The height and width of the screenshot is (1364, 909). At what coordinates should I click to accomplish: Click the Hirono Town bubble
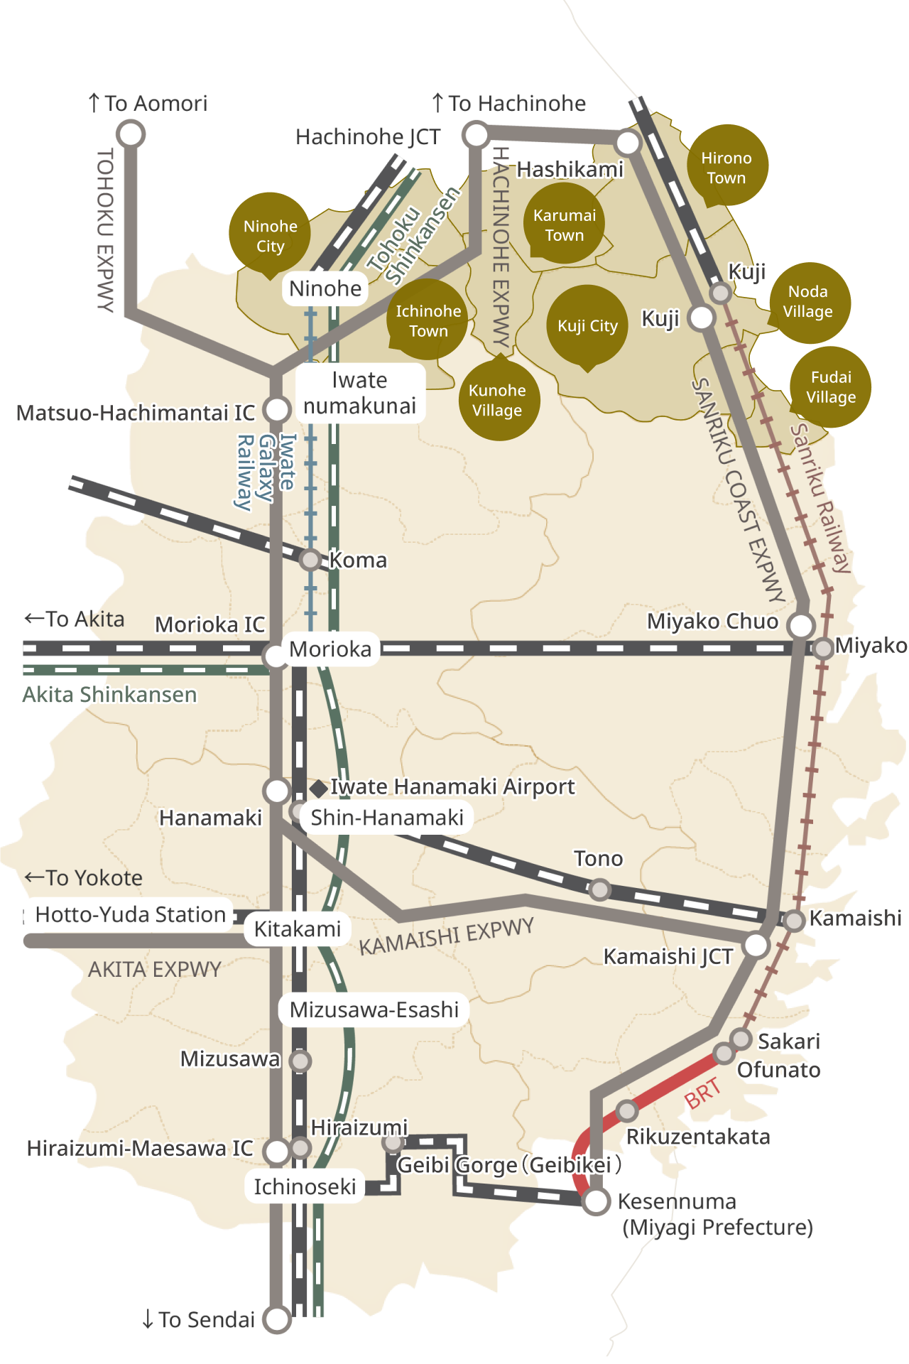pos(727,166)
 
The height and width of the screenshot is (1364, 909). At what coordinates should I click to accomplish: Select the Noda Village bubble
pos(809,302)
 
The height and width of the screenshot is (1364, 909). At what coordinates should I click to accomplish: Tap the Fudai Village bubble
pos(830,387)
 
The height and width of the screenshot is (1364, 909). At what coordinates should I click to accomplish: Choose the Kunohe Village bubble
pos(499,400)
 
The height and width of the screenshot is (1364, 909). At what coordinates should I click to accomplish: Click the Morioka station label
pos(330,649)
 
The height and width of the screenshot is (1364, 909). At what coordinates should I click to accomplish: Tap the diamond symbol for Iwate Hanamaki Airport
pos(319,787)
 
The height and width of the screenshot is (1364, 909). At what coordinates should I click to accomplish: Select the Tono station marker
pos(600,889)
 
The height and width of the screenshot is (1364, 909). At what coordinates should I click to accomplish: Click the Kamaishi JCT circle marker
pos(756,945)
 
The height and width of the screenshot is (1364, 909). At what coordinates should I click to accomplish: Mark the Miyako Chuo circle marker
pos(801,625)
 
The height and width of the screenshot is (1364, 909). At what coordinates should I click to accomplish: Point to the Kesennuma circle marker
pos(596,1201)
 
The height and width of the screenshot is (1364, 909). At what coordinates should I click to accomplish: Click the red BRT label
pos(703,1093)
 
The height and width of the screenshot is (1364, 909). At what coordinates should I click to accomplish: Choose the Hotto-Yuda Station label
pos(130,914)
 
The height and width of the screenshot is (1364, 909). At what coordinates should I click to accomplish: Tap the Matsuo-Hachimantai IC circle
pos(277,409)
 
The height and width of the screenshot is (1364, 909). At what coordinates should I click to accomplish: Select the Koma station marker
pos(310,560)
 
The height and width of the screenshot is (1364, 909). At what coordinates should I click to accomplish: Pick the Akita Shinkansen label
pos(109,694)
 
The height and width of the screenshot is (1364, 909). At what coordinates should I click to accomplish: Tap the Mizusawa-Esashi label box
pos(374,1010)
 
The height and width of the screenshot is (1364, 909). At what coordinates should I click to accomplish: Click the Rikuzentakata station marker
pos(626,1110)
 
